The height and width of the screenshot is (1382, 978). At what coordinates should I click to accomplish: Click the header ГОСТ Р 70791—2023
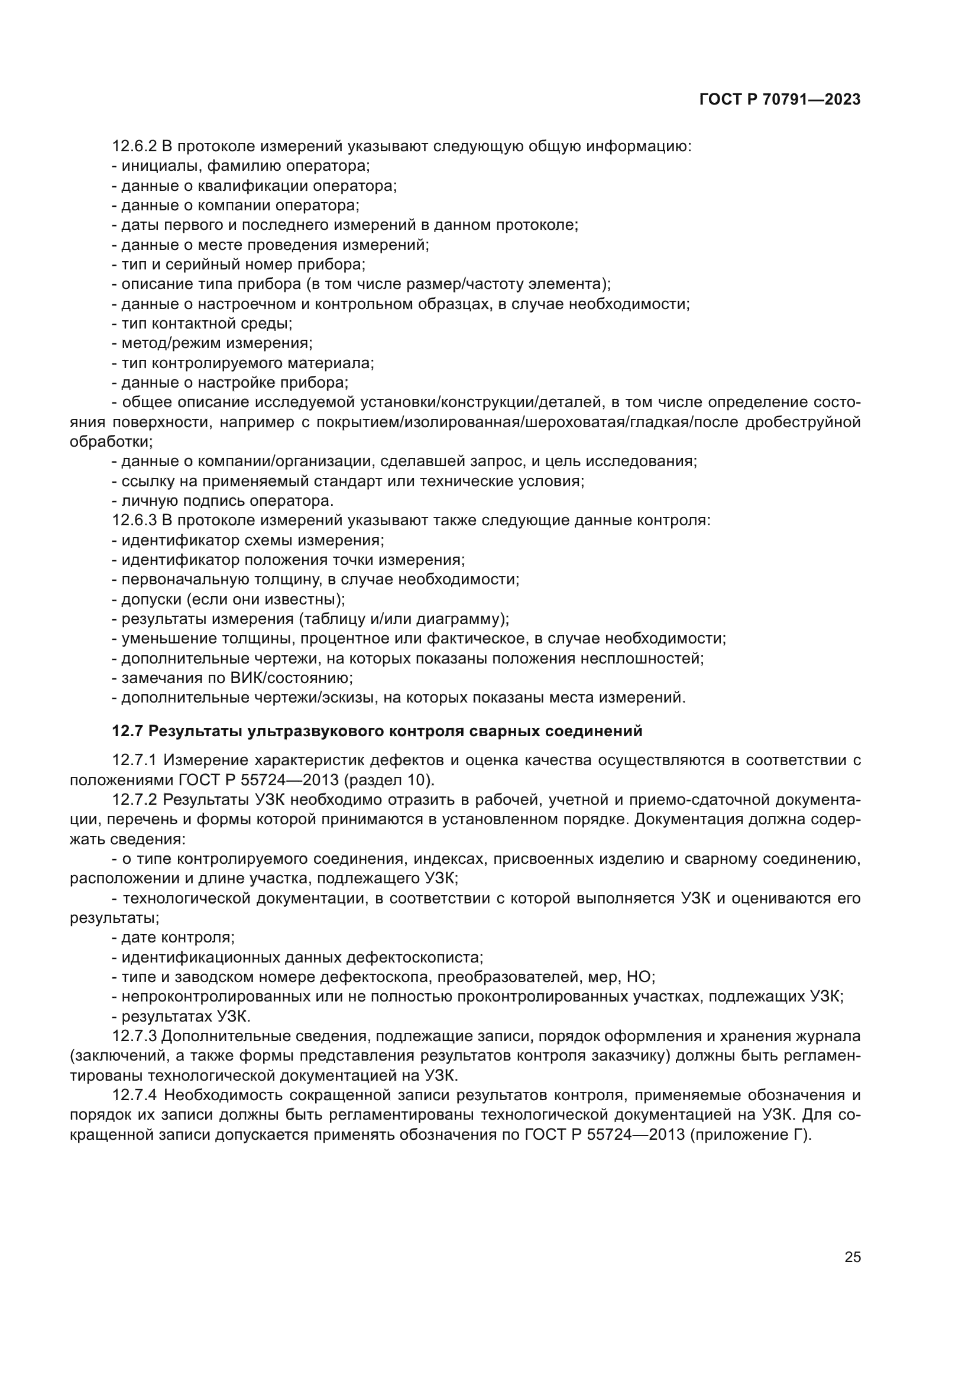pos(780,100)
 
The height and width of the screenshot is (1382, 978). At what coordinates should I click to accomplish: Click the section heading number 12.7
pos(128,731)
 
